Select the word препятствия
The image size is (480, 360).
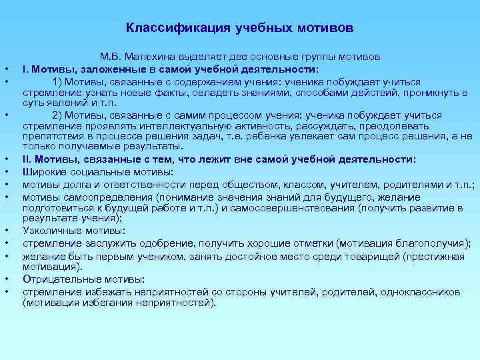[x=51, y=135]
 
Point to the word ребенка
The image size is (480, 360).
[x=317, y=135]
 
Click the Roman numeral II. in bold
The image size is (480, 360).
[x=28, y=159]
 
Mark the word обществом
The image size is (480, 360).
[x=252, y=185]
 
